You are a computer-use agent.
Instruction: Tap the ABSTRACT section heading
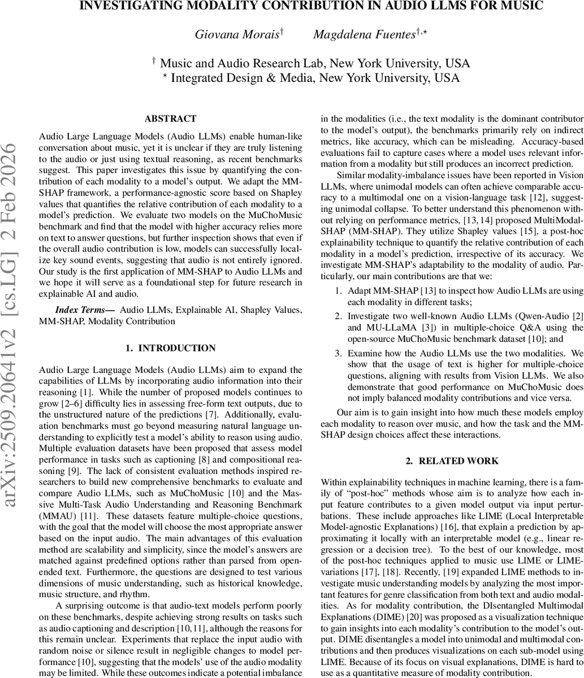[x=170, y=119]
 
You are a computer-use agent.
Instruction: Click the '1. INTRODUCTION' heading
[x=170, y=348]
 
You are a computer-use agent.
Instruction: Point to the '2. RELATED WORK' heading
[x=452, y=461]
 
